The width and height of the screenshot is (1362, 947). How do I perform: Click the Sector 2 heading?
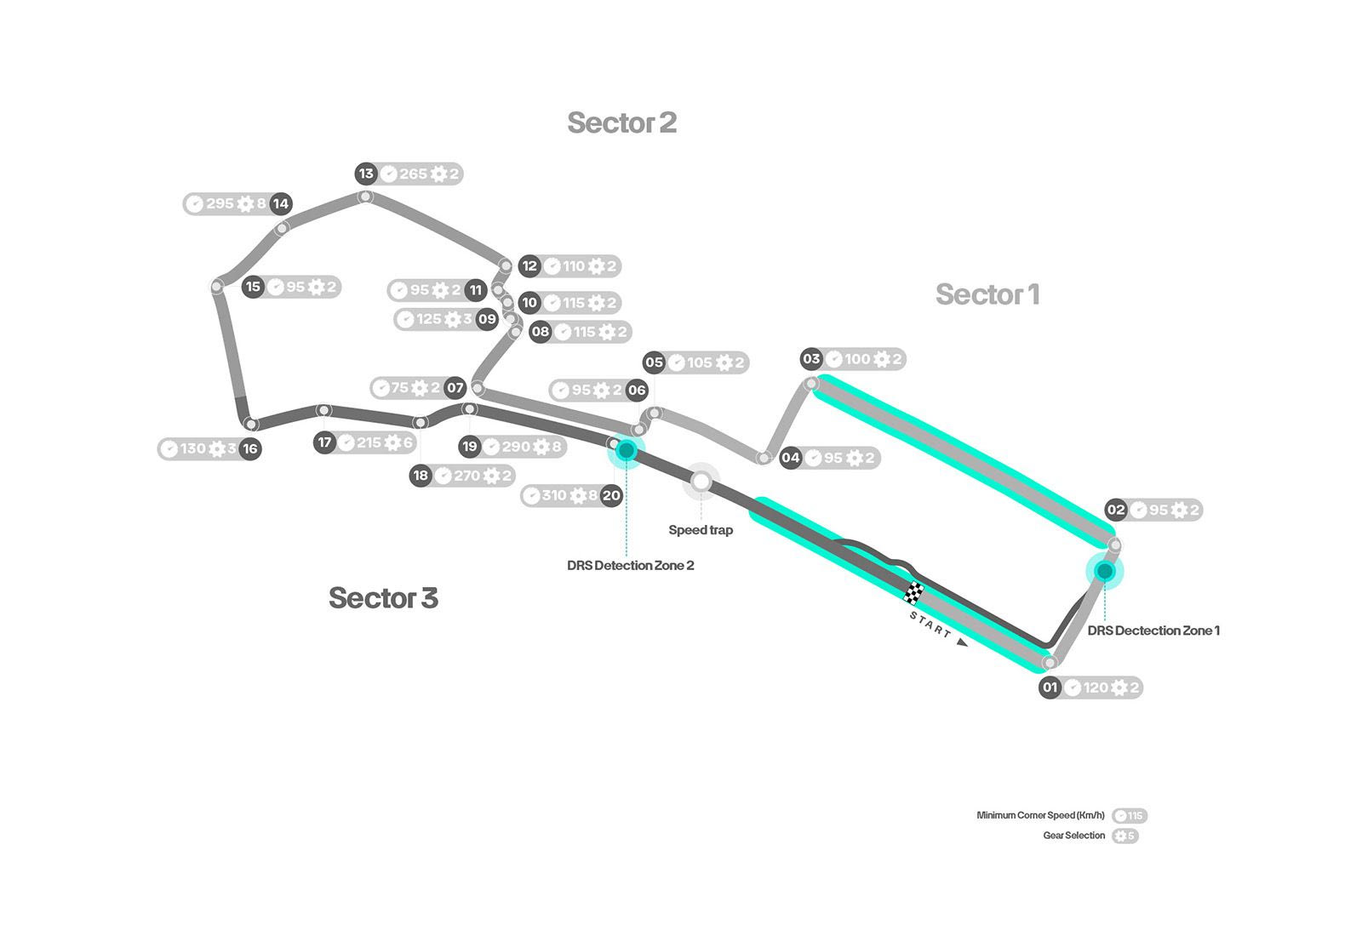621,123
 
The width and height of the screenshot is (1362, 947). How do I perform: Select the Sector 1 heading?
987,294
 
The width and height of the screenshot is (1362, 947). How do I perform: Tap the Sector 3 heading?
383,598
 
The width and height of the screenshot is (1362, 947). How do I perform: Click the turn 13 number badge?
366,174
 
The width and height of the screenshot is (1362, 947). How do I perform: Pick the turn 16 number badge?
249,448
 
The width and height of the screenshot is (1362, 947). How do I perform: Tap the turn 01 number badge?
1050,687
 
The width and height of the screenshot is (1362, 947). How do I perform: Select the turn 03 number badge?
811,359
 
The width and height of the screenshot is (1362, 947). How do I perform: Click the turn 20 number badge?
611,495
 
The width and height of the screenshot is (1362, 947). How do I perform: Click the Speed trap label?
701,530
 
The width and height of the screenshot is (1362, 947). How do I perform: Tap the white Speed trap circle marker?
701,482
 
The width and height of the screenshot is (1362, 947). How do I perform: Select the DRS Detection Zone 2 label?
630,566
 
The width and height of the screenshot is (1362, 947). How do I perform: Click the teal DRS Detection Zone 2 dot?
627,451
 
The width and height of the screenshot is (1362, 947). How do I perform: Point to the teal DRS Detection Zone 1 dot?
1104,571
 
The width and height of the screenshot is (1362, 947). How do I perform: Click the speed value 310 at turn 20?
554,495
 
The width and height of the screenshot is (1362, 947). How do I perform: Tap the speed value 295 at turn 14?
220,203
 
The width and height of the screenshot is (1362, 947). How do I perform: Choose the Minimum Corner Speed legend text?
1040,815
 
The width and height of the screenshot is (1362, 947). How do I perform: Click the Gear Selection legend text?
1073,836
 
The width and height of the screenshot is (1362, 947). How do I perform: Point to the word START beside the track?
930,625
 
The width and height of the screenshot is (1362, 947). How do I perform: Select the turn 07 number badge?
455,388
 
